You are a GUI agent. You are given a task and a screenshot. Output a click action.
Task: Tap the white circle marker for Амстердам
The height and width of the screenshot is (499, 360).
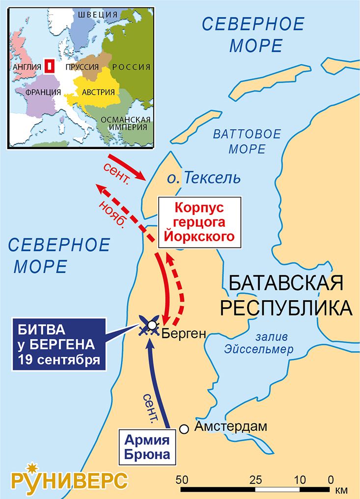pos(184,429)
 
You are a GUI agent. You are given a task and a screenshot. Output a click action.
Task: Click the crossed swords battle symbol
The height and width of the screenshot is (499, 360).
pos(148,325)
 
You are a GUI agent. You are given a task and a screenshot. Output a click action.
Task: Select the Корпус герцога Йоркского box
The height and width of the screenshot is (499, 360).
pos(200,222)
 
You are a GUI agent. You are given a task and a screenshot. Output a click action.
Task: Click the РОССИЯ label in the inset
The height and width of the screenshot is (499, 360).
pos(131,67)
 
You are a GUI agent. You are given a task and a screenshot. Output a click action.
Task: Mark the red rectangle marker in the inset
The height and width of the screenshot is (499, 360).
pos(49,66)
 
